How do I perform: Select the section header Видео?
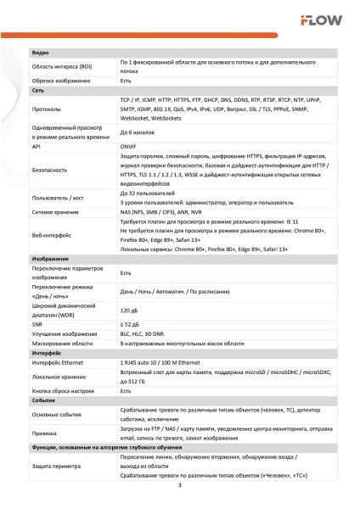(x=40, y=53)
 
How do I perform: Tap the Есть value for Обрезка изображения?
(x=126, y=81)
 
